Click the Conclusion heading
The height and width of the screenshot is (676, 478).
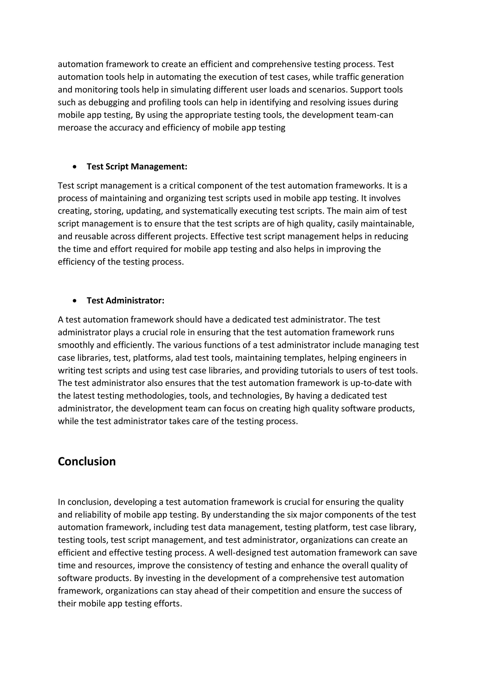point(87,461)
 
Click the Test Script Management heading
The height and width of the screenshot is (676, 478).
point(137,167)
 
